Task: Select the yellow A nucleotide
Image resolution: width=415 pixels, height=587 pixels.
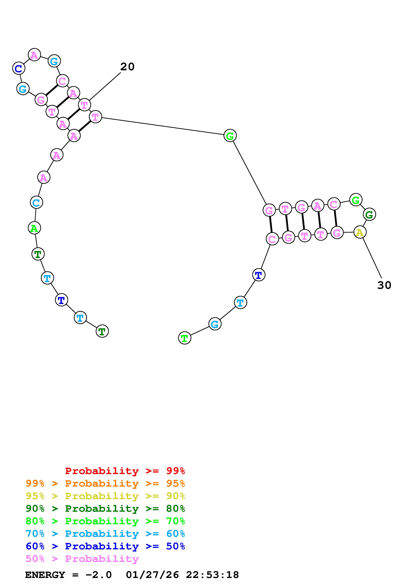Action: click(x=360, y=232)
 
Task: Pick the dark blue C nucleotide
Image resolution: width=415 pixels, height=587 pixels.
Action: click(x=18, y=68)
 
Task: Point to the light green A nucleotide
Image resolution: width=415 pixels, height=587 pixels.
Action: click(x=34, y=228)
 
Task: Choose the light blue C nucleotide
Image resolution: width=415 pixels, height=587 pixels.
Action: click(x=36, y=202)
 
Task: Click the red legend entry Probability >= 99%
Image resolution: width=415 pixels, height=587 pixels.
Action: click(x=125, y=471)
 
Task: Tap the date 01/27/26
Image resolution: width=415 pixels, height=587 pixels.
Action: click(x=152, y=575)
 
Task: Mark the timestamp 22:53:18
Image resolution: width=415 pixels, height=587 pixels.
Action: click(x=212, y=575)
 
